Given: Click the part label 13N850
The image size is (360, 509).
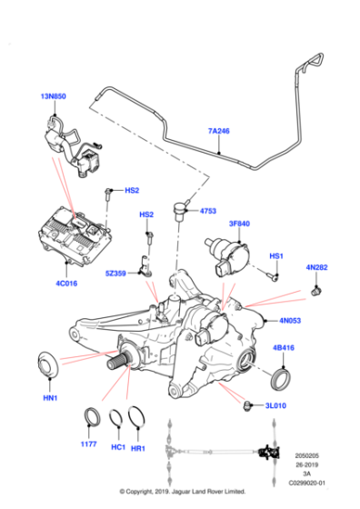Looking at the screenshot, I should (x=54, y=95).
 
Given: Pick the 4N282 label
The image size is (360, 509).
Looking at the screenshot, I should (x=317, y=268).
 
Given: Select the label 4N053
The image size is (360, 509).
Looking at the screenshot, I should (x=291, y=320).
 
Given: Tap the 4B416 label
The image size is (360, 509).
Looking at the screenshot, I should (x=284, y=348).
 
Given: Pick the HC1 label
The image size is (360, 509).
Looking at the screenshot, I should (x=116, y=448).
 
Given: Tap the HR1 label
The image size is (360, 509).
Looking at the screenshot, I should (x=138, y=448).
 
